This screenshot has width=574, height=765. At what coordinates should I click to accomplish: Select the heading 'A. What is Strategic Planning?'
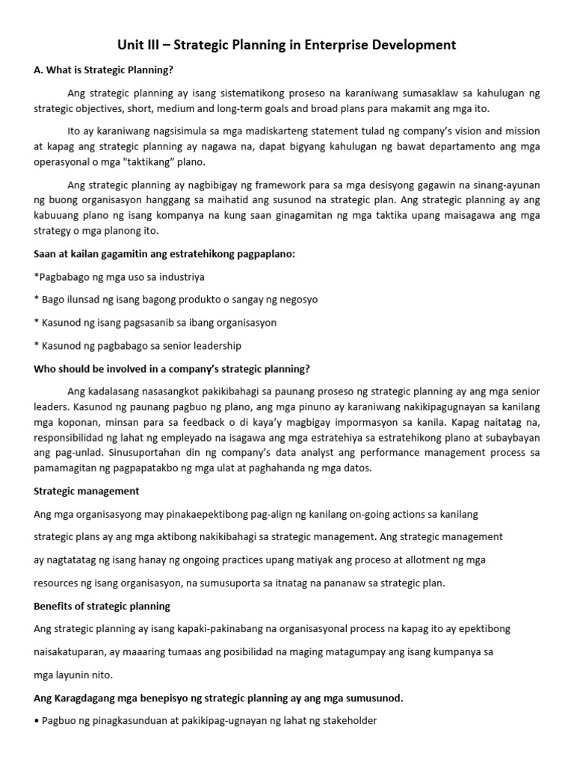pos(104,70)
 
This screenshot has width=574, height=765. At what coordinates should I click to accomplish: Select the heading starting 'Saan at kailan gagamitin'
pos(164,254)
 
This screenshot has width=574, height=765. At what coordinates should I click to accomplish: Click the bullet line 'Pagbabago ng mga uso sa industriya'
pos(120,276)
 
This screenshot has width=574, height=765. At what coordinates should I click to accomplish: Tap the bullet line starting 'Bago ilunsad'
pos(176,300)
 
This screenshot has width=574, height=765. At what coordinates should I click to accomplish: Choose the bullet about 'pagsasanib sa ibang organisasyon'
pos(155,323)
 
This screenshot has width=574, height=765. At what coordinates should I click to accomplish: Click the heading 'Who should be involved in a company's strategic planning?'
pos(172,369)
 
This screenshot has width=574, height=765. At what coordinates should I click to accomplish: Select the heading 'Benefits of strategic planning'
pos(102,606)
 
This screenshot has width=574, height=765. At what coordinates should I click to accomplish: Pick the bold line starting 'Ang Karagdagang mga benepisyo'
pos(218,698)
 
